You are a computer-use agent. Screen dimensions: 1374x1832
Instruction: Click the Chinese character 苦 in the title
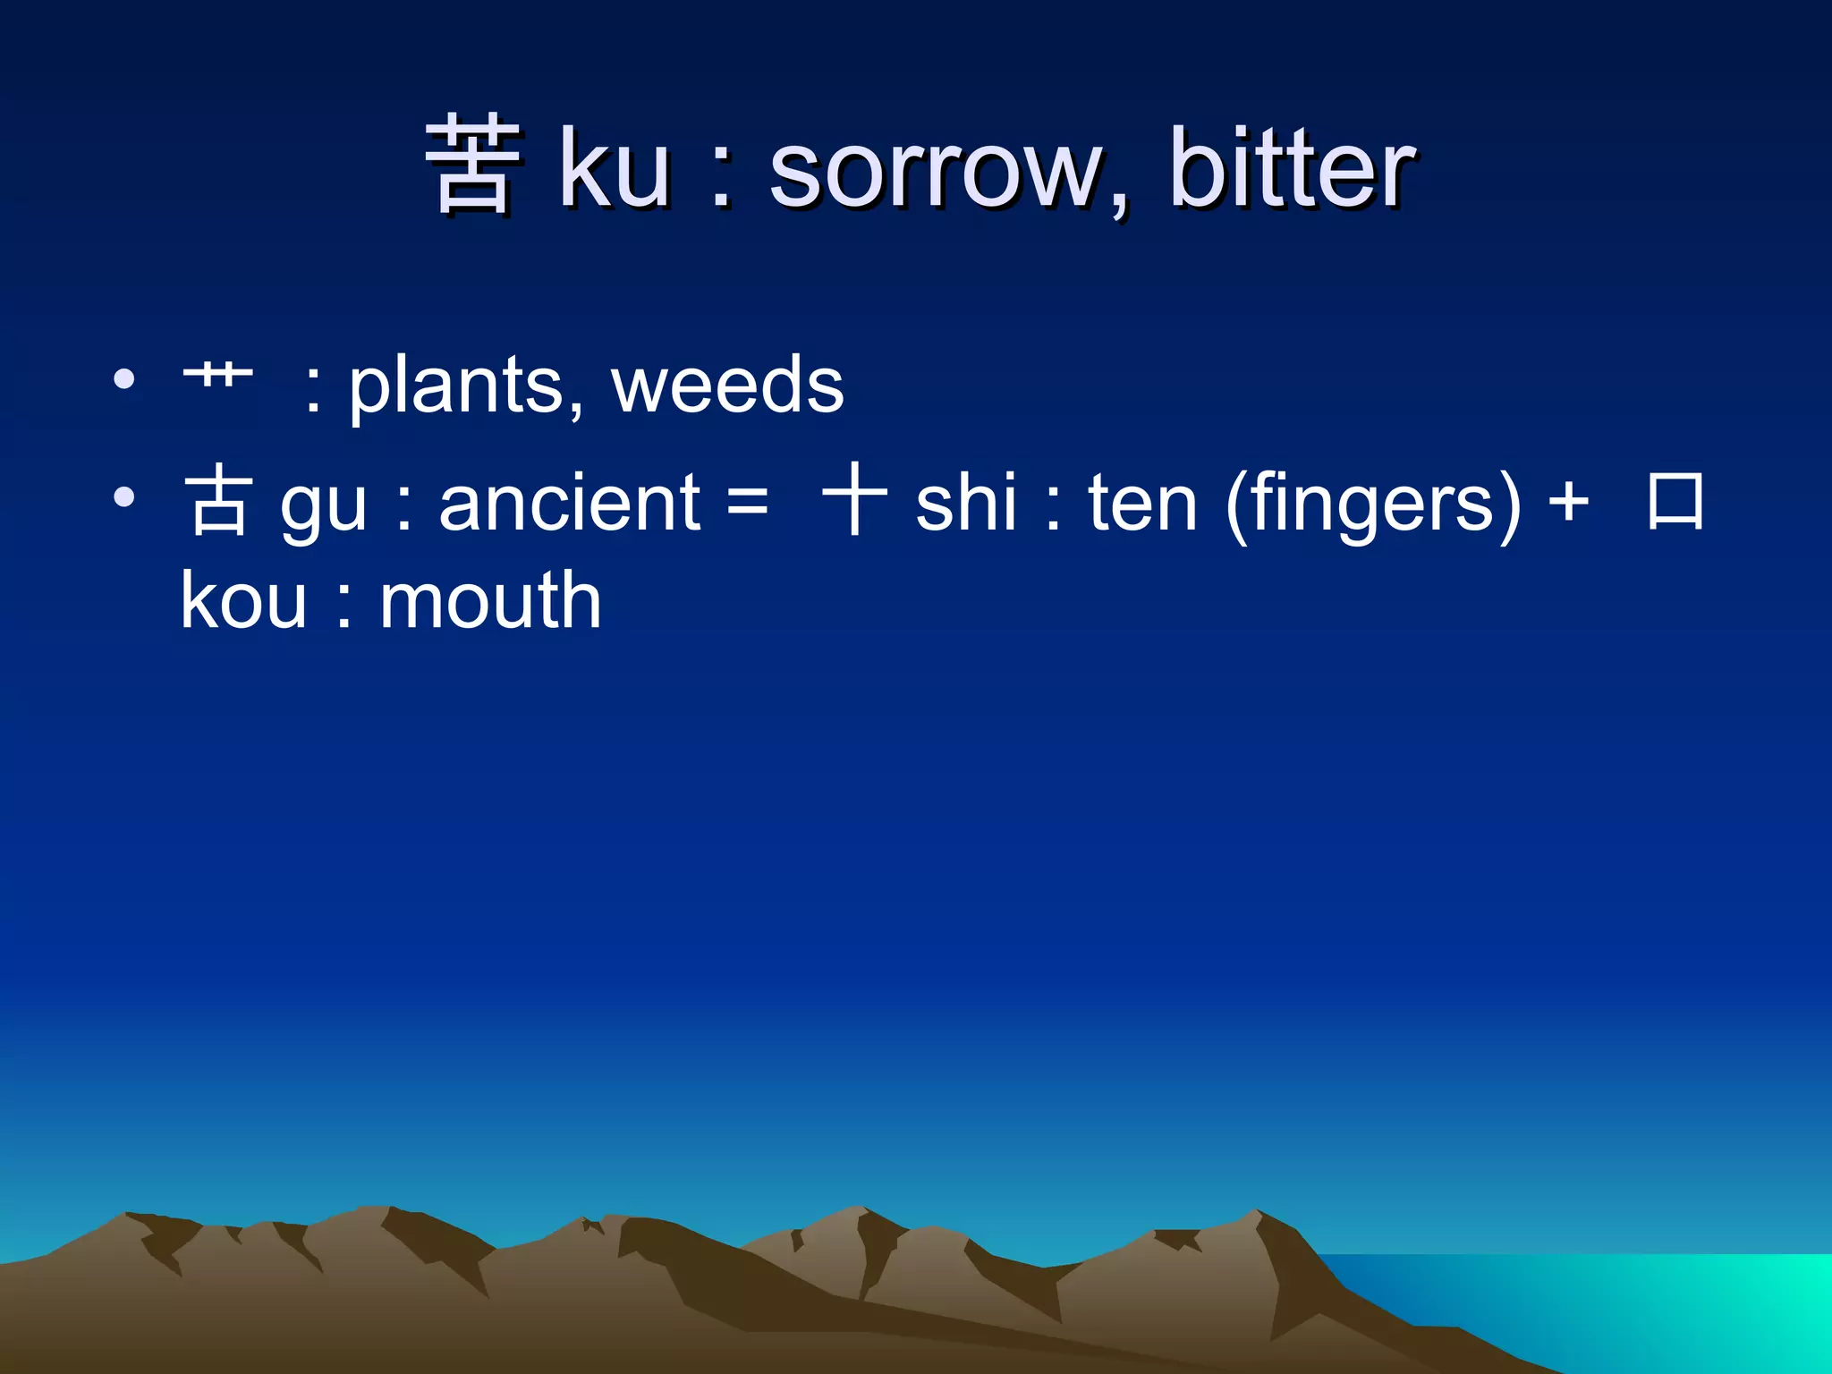click(x=472, y=165)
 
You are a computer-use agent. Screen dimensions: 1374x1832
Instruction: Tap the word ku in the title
click(x=615, y=168)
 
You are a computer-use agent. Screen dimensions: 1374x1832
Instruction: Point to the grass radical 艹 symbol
click(x=217, y=374)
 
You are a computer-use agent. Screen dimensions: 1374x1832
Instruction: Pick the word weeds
click(x=726, y=385)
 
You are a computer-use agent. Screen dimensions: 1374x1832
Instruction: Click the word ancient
click(x=569, y=503)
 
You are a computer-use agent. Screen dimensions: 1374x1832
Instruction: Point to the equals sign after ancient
click(x=747, y=503)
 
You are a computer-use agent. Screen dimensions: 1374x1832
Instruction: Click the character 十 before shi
click(x=854, y=499)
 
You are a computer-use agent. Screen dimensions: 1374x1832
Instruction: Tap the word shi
click(x=966, y=503)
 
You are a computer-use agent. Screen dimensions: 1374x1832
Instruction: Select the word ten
click(x=1142, y=503)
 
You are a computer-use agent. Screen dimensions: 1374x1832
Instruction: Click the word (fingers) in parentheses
click(x=1373, y=505)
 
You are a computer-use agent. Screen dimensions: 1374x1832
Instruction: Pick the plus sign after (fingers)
click(x=1568, y=503)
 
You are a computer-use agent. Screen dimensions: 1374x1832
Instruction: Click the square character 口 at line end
click(x=1675, y=501)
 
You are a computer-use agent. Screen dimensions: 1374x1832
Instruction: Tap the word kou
click(x=243, y=601)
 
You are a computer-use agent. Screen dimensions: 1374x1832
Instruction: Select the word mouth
click(x=490, y=601)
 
